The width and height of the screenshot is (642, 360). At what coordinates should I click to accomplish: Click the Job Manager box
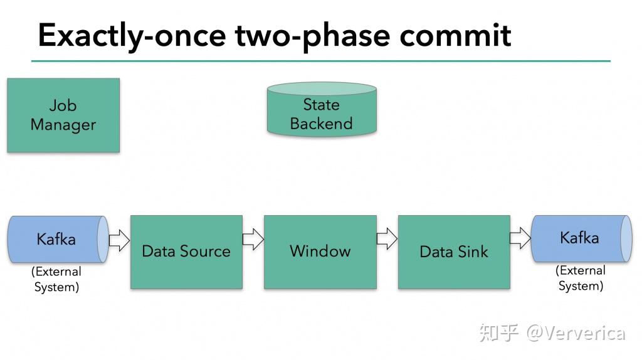click(63, 115)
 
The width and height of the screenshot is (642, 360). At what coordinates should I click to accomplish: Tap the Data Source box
click(186, 251)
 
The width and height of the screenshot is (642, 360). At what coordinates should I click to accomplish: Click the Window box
click(320, 251)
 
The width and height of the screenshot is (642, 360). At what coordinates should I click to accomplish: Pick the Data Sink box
click(454, 251)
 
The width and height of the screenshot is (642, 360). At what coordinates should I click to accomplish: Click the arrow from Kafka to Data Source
click(119, 240)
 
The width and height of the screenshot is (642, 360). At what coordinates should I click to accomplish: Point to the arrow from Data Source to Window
click(253, 239)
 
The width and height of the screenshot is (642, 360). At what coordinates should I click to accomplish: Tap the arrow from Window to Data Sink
click(387, 238)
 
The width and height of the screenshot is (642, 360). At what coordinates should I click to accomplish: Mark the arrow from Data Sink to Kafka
click(520, 238)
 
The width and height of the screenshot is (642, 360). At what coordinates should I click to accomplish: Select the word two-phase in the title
click(313, 36)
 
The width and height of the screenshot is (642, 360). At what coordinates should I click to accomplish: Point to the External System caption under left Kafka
click(56, 280)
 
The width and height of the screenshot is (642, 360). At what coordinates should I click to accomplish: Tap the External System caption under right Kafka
click(581, 278)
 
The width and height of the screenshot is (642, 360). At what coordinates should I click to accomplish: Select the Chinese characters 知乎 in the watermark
click(499, 332)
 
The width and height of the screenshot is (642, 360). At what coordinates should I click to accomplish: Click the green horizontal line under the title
click(320, 61)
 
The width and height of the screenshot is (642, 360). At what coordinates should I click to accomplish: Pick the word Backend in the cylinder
click(321, 124)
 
